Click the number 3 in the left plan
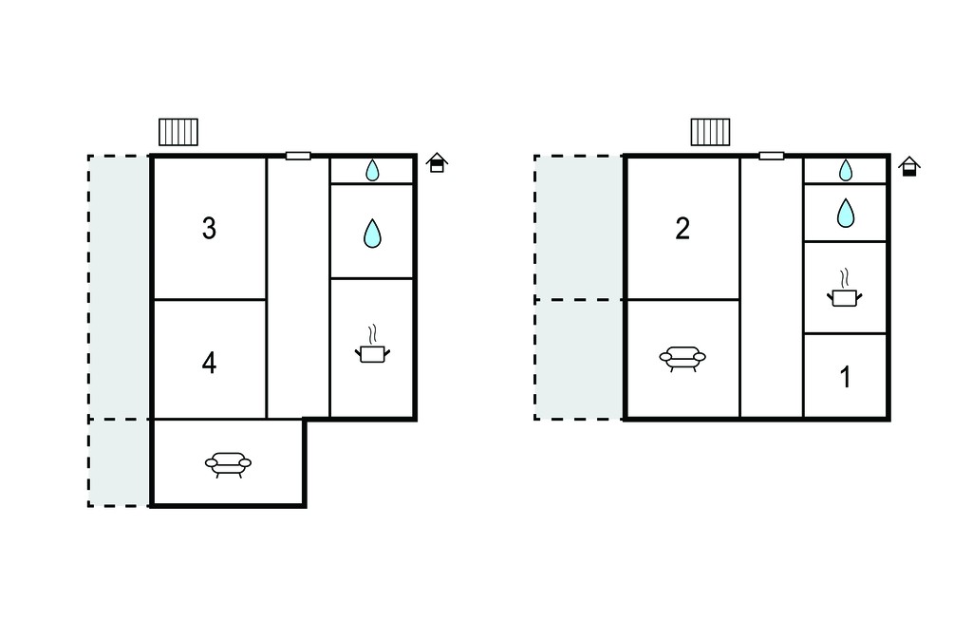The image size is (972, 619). pos(209,228)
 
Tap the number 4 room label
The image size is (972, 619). pos(209,363)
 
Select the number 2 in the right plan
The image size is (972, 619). pos(682,228)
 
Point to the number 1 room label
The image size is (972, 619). pos(845,377)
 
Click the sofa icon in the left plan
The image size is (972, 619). pos(228,464)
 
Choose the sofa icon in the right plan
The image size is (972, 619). pos(682,358)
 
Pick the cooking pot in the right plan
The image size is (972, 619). pos(844,289)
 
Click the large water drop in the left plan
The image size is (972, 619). pos(372,234)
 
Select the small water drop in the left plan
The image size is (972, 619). pos(372,170)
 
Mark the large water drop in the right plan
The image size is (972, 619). pos(846,213)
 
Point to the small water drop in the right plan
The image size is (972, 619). pos(846,170)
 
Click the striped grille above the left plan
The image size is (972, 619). pos(178,132)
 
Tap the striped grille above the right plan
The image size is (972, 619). pos(710,132)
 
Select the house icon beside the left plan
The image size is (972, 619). pos(437,162)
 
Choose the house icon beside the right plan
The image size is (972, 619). pos(909,166)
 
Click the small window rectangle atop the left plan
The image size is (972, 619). pos(298,156)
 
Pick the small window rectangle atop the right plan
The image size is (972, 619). pos(772,156)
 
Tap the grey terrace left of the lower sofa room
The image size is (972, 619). pos(120,462)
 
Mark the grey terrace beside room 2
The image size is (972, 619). pos(579,228)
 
